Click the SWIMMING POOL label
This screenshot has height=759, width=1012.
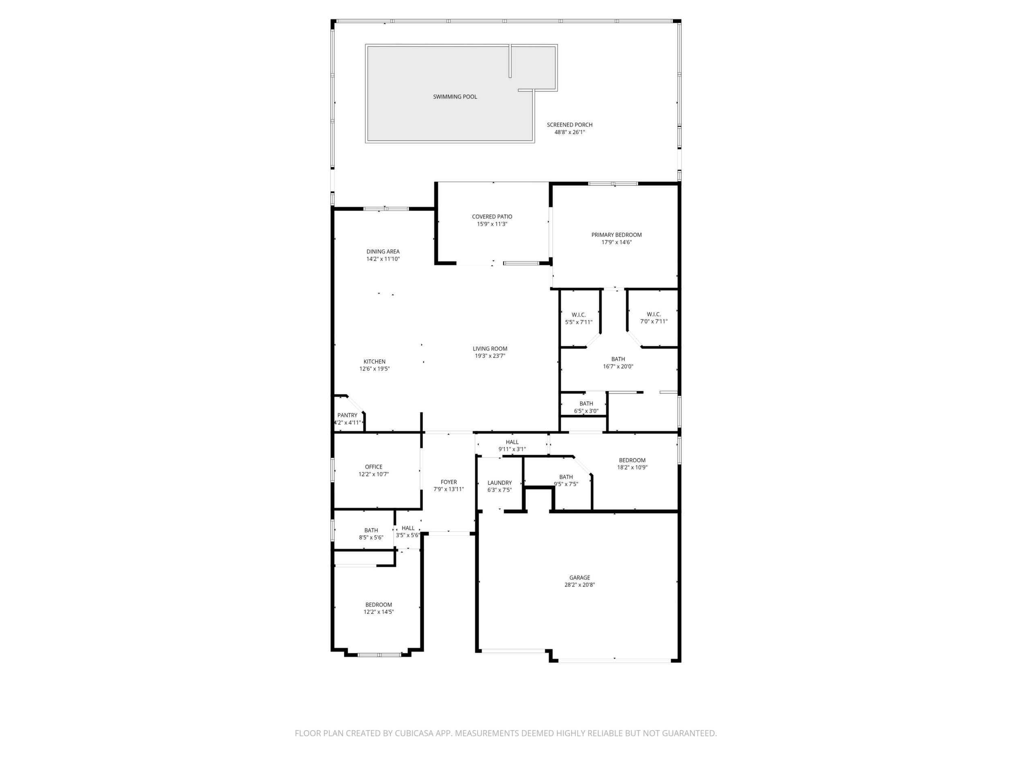click(455, 96)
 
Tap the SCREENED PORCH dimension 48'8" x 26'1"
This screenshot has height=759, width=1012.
click(570, 132)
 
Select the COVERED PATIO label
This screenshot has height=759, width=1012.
click(492, 217)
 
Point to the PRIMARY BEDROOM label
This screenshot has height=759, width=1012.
click(616, 235)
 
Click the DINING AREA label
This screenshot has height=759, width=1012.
click(383, 251)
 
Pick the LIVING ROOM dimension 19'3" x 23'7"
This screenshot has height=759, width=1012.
click(490, 356)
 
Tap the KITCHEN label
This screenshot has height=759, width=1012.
click(374, 361)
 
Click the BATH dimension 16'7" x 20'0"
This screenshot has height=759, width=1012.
click(618, 367)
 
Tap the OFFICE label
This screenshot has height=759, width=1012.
click(374, 467)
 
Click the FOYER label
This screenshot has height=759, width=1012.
click(449, 482)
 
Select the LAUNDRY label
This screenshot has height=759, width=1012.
click(500, 482)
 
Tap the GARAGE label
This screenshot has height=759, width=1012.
click(580, 577)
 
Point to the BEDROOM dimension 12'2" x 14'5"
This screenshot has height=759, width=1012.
click(379, 612)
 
